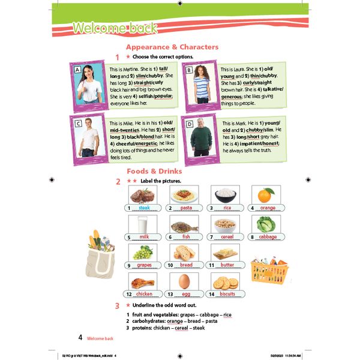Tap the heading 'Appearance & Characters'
[172, 47]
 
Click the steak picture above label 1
[143, 195]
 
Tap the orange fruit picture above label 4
[265, 195]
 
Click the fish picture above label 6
[184, 225]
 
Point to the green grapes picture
[143, 253]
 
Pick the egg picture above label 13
[184, 281]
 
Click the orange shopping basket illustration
[268, 270]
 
